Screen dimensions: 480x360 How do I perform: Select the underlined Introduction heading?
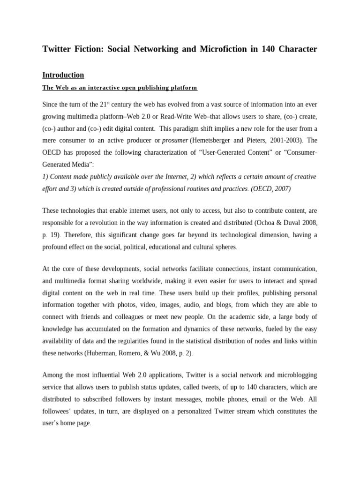[x=63, y=75]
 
